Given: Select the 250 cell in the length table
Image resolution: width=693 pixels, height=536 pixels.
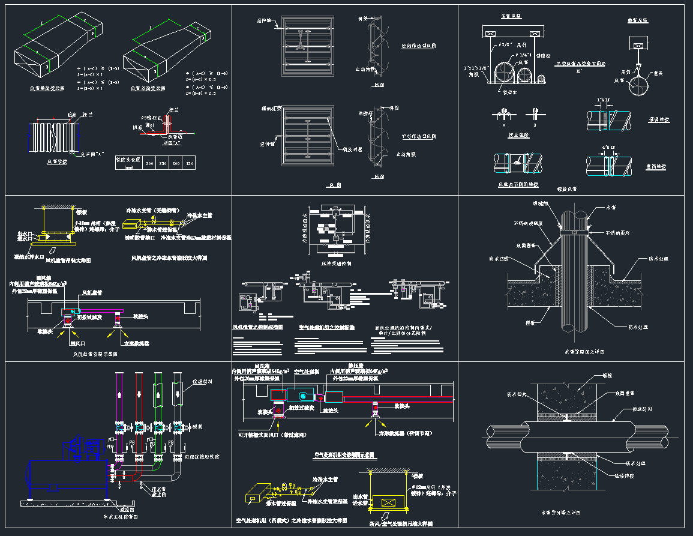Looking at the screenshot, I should tap(163, 163).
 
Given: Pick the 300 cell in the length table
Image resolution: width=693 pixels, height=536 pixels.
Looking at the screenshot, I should tap(177, 163).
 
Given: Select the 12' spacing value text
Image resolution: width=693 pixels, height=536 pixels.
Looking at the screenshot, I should tap(580, 71).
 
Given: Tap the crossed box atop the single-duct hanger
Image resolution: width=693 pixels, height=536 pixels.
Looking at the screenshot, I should tap(638, 44).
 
